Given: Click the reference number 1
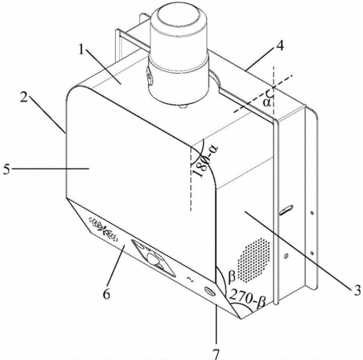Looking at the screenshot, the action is (82, 50).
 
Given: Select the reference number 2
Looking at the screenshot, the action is (24, 98).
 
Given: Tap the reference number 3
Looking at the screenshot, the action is (357, 290).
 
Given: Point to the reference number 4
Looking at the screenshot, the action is (280, 46).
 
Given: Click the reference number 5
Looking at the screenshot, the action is (6, 170).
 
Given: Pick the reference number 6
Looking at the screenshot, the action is (106, 294).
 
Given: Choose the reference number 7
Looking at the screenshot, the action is (216, 354).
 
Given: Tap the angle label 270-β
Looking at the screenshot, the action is (248, 298).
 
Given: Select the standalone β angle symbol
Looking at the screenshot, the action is (232, 276).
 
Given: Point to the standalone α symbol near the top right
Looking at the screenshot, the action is (266, 102).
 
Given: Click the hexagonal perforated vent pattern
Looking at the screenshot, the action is (253, 260).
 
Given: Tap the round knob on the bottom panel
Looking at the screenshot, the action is (210, 290).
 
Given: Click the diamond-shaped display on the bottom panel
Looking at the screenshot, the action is (154, 258).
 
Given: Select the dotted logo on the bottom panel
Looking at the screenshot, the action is (103, 229).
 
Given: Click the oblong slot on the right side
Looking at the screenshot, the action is (286, 210).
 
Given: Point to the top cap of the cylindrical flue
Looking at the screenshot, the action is (178, 15).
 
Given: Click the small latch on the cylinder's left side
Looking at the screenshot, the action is (149, 77).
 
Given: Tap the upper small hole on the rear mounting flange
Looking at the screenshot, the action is (312, 213).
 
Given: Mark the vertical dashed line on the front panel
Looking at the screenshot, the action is (191, 178).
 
